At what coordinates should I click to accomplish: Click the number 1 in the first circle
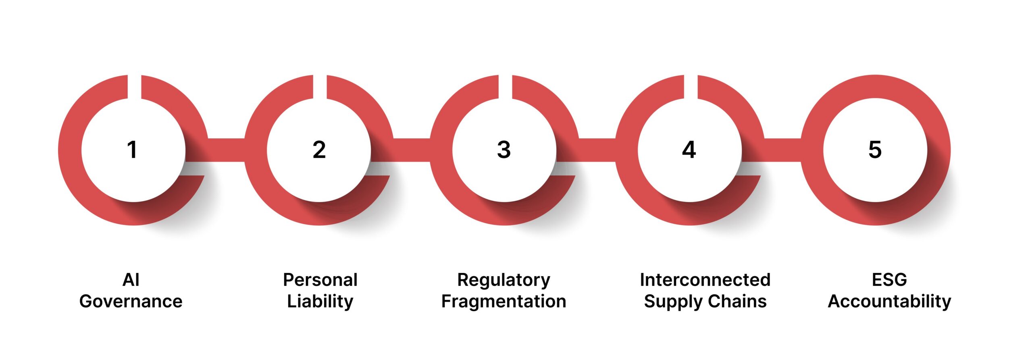pyautogui.click(x=132, y=150)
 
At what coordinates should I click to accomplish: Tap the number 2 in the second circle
pyautogui.click(x=319, y=150)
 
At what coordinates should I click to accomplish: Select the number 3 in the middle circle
pyautogui.click(x=504, y=150)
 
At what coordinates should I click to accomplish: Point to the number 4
pyautogui.click(x=689, y=150)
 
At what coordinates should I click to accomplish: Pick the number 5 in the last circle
pyautogui.click(x=875, y=150)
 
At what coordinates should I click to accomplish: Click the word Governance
pyautogui.click(x=131, y=301)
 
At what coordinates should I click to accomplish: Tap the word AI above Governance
pyautogui.click(x=131, y=280)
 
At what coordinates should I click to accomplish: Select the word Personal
pyautogui.click(x=320, y=280)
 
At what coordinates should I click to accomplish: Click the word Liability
pyautogui.click(x=320, y=301)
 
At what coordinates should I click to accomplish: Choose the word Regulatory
pyautogui.click(x=504, y=280)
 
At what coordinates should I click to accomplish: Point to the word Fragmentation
pyautogui.click(x=504, y=301)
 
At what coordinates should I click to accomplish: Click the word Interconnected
pyautogui.click(x=705, y=280)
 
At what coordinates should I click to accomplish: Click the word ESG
pyautogui.click(x=889, y=280)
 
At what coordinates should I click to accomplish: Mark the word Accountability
pyautogui.click(x=889, y=301)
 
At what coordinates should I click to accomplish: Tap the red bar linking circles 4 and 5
pyautogui.click(x=782, y=150)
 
